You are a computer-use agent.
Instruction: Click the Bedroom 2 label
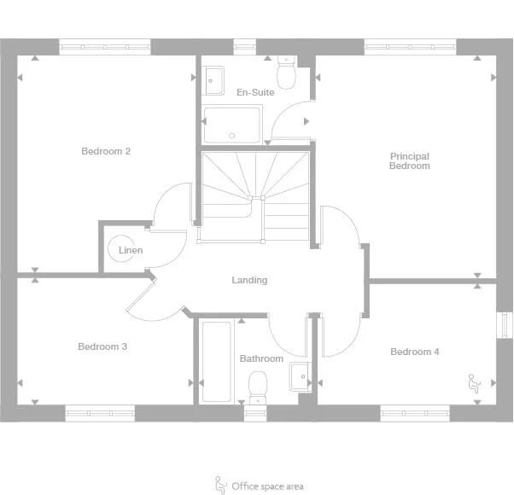pos(106,152)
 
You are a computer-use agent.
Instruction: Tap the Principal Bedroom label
pos(409,161)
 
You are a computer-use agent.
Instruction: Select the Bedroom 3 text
pos(102,346)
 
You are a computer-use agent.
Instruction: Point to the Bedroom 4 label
pos(415,352)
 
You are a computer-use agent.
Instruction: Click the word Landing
pos(249,280)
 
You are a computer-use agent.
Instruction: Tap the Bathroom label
pos(261,358)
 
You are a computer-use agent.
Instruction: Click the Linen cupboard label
pos(131,251)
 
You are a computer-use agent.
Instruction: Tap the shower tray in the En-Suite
pos(231,125)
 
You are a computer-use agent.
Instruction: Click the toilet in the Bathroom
pos(256,392)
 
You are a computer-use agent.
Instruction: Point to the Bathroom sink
pos(300,376)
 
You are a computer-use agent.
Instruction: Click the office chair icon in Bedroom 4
pos(472,381)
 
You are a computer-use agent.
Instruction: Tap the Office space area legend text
pos(267,486)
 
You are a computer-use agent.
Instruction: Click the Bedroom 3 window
pos(101,412)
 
